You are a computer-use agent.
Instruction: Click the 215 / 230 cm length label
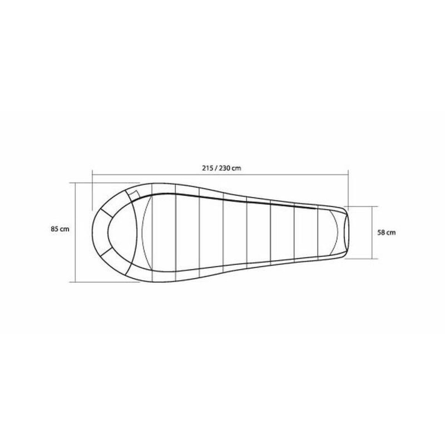222,168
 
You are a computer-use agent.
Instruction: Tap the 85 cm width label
60,229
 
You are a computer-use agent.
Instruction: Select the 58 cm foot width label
386,233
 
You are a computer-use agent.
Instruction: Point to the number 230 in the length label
225,168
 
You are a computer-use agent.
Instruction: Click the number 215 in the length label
208,168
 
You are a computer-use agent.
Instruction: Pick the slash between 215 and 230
216,168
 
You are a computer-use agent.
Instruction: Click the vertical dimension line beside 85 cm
76,232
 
